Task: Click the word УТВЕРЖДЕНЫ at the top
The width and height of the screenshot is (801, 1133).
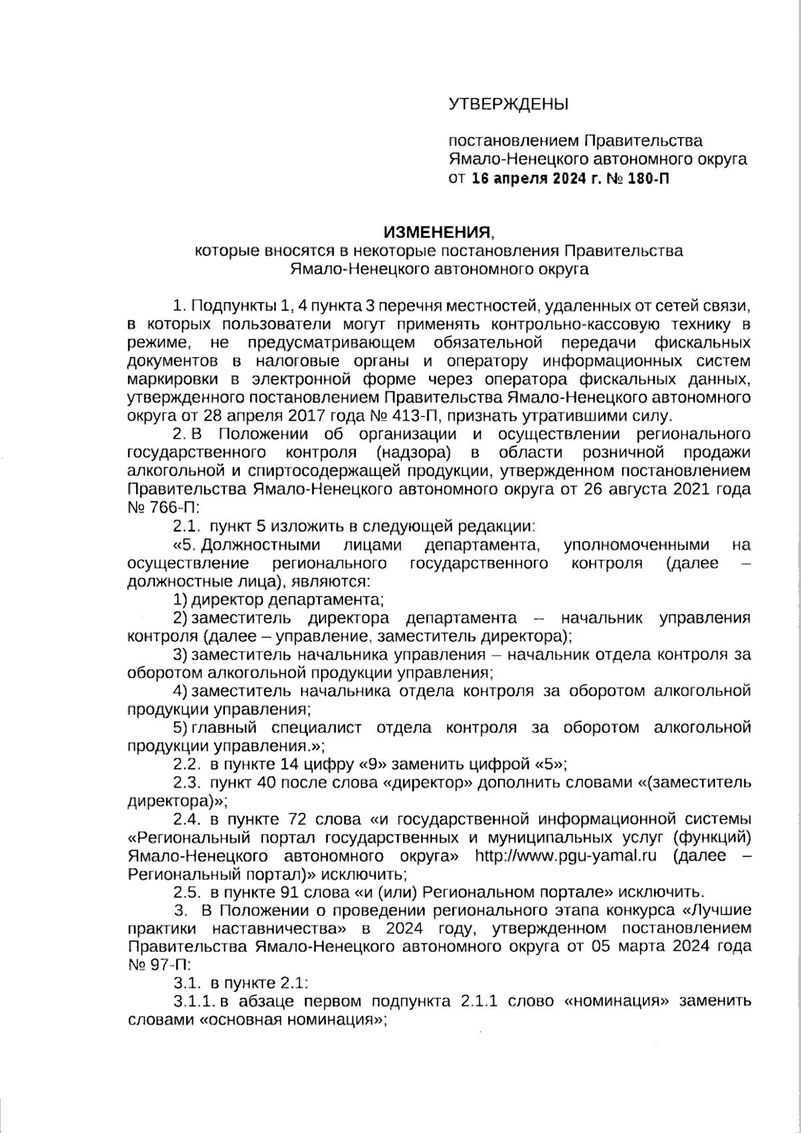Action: coord(508,104)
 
